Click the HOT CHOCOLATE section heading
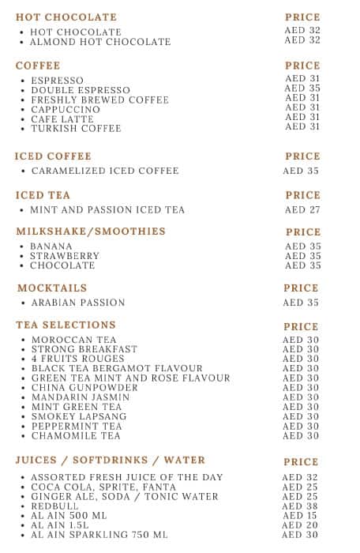point(66,17)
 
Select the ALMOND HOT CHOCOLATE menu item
point(100,42)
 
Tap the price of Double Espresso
point(302,89)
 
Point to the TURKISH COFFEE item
point(76,129)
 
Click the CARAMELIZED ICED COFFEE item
point(105,171)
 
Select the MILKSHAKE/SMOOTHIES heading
point(91,231)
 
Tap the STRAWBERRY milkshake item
point(65,256)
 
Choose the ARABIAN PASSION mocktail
point(78,303)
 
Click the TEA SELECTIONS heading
point(66,325)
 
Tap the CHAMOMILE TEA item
point(76,436)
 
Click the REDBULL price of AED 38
point(301,506)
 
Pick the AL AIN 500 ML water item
point(69,515)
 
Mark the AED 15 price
point(301,516)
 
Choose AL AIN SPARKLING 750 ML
point(99,535)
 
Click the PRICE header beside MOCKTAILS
point(301,288)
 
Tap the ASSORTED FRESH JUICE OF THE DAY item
point(127,478)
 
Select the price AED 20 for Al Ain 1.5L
point(301,525)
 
